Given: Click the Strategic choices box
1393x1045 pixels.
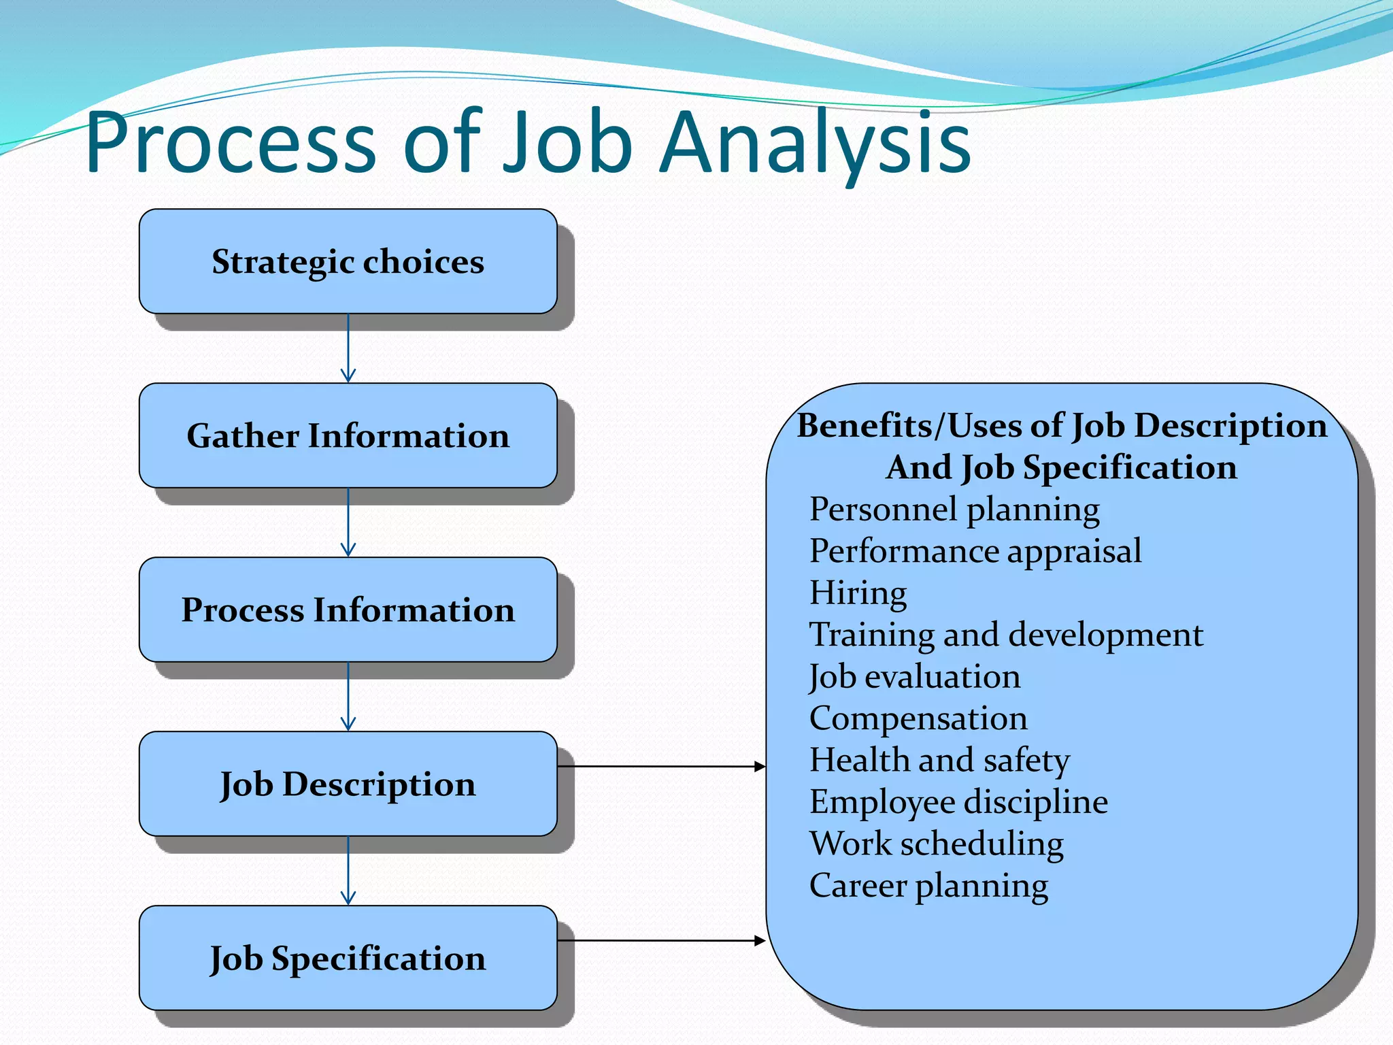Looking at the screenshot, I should (348, 261).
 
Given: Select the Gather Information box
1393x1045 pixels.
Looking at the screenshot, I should (348, 435).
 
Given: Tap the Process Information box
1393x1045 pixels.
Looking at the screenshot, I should (348, 610).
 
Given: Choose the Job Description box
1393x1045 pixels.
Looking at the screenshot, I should (348, 784).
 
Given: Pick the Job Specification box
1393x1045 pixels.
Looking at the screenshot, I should (348, 958).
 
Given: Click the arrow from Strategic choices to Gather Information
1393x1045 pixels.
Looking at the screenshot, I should (348, 348).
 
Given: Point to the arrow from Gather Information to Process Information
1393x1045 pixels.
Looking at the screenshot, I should (348, 522).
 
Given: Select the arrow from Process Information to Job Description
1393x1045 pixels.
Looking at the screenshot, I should (348, 697).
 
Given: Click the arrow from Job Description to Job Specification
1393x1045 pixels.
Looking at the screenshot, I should (348, 871).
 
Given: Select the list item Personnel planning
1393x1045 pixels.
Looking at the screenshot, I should (954, 510).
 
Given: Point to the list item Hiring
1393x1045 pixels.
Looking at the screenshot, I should (858, 593).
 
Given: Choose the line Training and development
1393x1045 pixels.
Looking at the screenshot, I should (1006, 635).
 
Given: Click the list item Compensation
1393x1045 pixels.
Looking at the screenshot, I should (918, 718).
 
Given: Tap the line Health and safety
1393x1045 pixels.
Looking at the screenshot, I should (939, 760).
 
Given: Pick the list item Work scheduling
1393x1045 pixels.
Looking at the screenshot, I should (937, 844).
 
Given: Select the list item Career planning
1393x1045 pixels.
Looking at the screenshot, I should (928, 886).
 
